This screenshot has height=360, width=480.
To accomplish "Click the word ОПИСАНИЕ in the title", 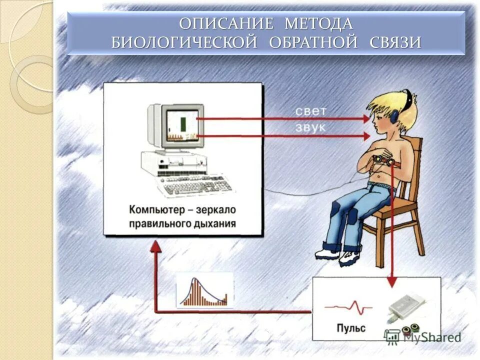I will click(x=226, y=23).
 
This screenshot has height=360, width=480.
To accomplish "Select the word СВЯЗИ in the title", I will click(x=395, y=42).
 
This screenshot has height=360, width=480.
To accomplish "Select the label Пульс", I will click(x=351, y=328).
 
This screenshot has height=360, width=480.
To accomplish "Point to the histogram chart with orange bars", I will click(x=204, y=291).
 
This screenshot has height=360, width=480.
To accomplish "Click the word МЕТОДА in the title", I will click(x=318, y=23).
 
